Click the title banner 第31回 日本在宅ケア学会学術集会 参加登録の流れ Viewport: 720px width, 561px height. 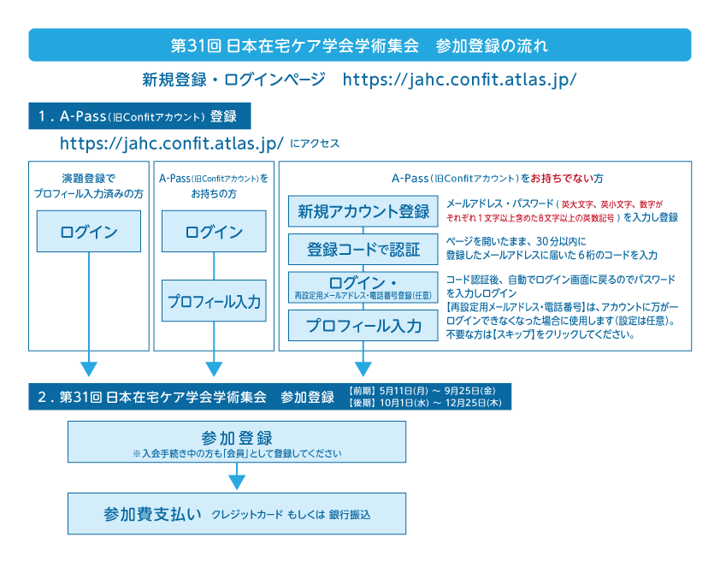(359, 44)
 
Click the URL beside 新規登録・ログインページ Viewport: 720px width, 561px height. (459, 80)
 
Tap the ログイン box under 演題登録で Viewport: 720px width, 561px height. (89, 232)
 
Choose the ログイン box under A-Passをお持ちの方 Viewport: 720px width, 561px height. (214, 232)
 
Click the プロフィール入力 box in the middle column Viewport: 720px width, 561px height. (214, 302)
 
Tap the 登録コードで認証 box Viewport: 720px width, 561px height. (363, 250)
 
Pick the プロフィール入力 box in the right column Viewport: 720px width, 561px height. (363, 326)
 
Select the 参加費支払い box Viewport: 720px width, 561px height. (237, 514)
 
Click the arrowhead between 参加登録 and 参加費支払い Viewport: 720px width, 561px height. (237, 482)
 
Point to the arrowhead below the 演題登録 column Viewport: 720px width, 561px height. (89, 369)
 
